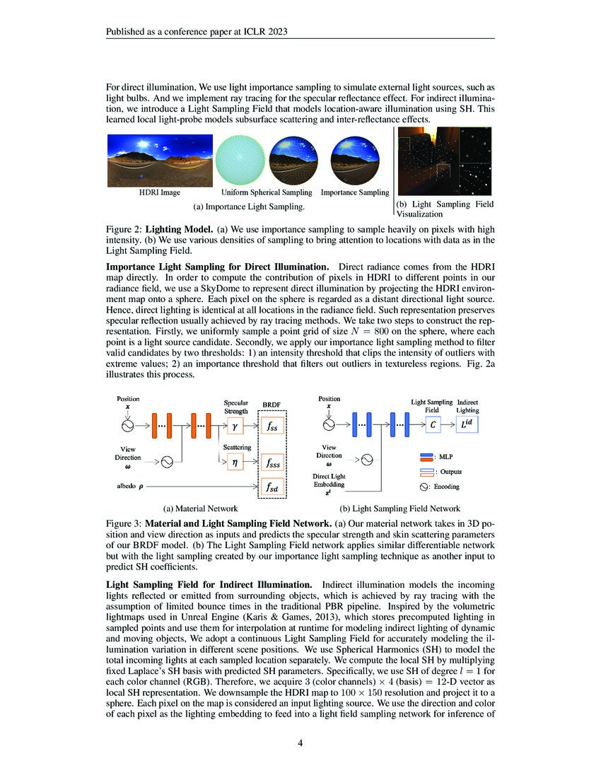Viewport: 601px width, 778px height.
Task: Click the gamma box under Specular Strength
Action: click(235, 426)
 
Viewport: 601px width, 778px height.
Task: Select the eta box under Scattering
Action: click(235, 460)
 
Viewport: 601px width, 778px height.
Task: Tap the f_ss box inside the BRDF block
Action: click(271, 426)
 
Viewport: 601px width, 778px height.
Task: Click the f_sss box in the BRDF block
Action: click(271, 463)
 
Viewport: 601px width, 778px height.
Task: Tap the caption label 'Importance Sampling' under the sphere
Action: click(355, 192)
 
